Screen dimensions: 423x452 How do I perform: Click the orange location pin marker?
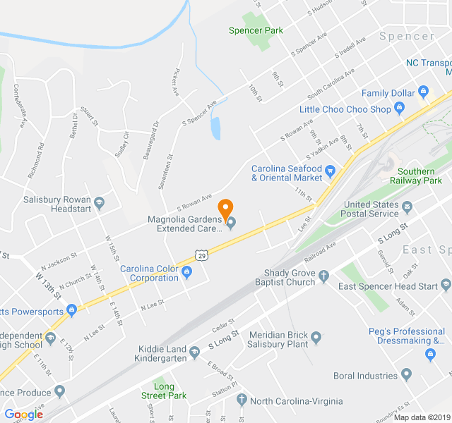[x=225, y=209]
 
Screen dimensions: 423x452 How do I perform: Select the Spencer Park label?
[x=256, y=30]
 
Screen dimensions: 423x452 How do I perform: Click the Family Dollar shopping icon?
[x=424, y=92]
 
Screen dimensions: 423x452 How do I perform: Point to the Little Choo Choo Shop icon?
[x=399, y=109]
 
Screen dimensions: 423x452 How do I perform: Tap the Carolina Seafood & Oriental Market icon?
[x=330, y=169]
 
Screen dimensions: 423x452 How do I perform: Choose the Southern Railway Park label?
[x=420, y=176]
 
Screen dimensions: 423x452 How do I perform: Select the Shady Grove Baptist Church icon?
[x=324, y=276]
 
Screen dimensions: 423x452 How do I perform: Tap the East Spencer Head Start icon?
[x=446, y=286]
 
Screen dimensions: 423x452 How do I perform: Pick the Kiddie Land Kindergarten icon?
[x=194, y=357]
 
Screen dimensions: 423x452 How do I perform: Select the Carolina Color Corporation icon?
[x=187, y=272]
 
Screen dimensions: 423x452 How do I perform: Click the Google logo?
[x=23, y=415]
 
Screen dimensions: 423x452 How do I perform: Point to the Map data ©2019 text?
[x=420, y=417]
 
